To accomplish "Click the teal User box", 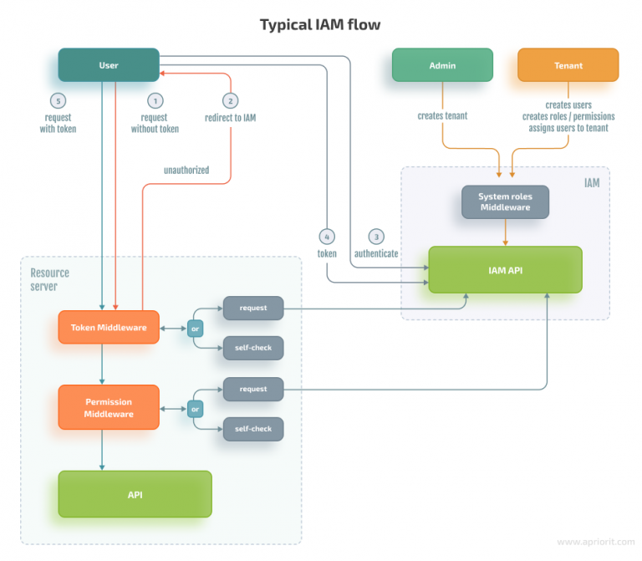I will (108, 64).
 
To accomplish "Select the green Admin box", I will (442, 64).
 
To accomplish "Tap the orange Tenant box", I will (568, 64).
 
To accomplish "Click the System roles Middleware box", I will (505, 202).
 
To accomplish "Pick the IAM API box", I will (505, 269).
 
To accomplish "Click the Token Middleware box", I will (108, 327).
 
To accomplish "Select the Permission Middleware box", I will (108, 407).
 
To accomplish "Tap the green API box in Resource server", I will (135, 494).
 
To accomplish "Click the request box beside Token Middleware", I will (253, 308).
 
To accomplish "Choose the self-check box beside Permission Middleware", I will (253, 430).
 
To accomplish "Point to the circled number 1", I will (155, 100).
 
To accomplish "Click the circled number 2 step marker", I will (230, 100).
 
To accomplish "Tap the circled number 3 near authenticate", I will (376, 236).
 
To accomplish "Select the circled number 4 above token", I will (327, 236).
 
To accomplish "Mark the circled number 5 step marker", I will (58, 100).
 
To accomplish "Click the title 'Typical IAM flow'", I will (320, 24).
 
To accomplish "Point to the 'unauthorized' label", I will (186, 171).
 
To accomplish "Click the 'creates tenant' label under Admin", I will (443, 116).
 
